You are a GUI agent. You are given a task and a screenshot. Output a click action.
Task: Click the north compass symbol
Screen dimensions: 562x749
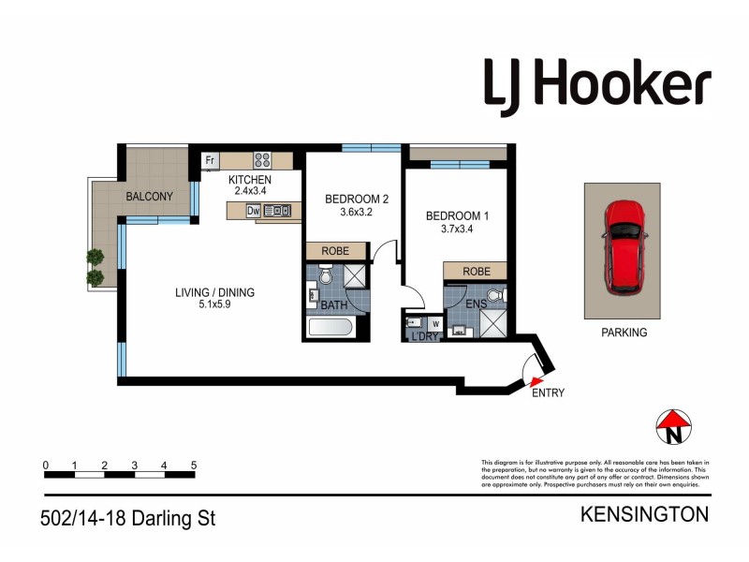[672, 427]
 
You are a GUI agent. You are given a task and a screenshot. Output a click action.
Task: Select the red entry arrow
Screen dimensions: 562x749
[536, 379]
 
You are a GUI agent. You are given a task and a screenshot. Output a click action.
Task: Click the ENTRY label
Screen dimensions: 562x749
[548, 393]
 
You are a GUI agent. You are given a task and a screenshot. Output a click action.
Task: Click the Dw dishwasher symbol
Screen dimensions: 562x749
[253, 211]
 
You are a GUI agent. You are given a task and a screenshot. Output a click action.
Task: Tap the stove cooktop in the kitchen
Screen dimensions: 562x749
[263, 160]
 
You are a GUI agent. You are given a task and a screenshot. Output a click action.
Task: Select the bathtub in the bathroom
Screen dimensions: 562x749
[330, 328]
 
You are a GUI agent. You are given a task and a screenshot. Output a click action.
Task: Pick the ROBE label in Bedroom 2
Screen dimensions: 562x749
[335, 251]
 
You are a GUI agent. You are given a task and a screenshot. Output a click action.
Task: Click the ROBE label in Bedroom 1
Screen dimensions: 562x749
[475, 271]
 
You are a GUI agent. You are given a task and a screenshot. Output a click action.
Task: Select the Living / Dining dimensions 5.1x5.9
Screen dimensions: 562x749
[214, 305]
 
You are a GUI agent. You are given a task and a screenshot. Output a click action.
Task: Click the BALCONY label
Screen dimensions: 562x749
[150, 197]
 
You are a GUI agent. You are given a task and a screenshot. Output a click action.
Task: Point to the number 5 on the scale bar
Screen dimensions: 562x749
[194, 465]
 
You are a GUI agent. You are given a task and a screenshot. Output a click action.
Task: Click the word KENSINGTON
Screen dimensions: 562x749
[645, 514]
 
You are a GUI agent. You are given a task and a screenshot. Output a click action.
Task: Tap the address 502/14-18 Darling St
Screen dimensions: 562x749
[129, 517]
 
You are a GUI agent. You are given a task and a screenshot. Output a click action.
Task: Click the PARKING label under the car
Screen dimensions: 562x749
[624, 333]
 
